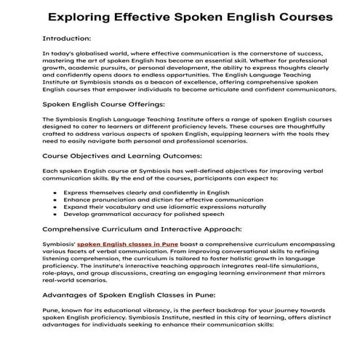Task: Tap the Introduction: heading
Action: point(68,38)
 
